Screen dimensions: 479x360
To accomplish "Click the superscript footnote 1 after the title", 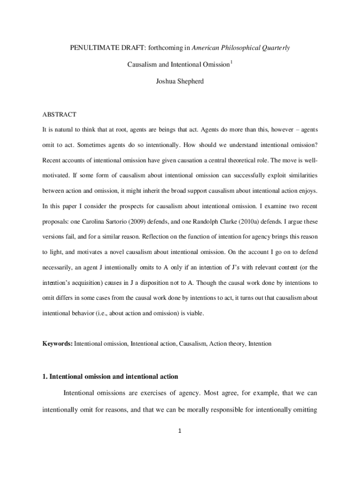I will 231,62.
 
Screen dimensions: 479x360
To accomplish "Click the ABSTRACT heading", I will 59,115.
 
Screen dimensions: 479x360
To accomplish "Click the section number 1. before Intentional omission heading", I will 45,377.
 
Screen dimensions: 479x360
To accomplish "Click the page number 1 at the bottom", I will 180,431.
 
